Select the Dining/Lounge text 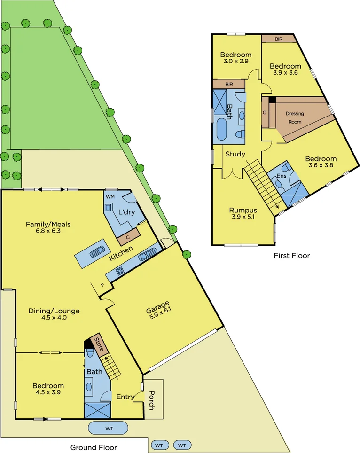tap(54, 311)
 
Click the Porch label tap(151, 400)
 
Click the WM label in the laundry tap(110, 196)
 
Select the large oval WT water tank tap(109, 428)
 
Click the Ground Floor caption tap(94, 447)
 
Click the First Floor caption tap(292, 256)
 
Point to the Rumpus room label tap(243, 210)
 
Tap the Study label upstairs tap(235, 154)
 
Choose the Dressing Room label tap(295, 117)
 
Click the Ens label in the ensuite tap(282, 176)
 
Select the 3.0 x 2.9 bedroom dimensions tap(236, 61)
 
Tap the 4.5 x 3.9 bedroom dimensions tap(48, 392)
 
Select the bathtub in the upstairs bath tap(222, 130)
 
